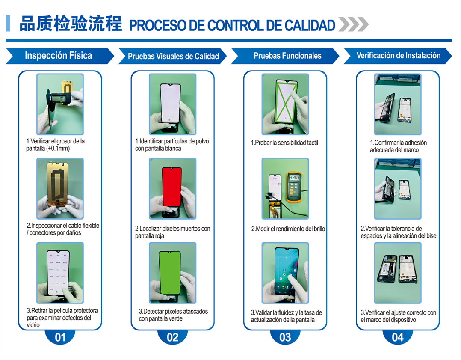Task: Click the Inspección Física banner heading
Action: click(x=58, y=56)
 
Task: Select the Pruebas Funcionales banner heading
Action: click(x=287, y=56)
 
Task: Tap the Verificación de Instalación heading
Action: click(x=398, y=55)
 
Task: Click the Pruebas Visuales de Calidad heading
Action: click(x=173, y=56)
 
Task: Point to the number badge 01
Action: click(x=60, y=337)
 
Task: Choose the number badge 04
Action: click(x=397, y=337)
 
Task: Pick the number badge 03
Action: click(x=285, y=337)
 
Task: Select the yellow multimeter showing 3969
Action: click(x=294, y=187)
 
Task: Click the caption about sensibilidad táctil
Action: click(x=284, y=143)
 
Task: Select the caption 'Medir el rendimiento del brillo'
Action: click(x=288, y=229)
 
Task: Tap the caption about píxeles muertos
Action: click(x=172, y=232)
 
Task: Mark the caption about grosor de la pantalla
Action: click(x=55, y=145)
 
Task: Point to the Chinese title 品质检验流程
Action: click(x=71, y=24)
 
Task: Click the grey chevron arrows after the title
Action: click(x=353, y=24)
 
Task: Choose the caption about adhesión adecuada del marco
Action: click(x=398, y=146)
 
